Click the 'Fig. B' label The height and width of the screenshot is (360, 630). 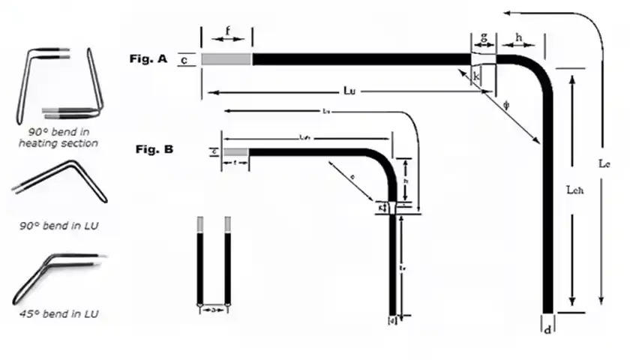point(154,149)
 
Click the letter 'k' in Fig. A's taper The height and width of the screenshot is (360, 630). point(477,75)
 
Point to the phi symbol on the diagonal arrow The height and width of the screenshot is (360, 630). point(506,105)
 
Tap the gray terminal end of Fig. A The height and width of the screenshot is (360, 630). point(226,59)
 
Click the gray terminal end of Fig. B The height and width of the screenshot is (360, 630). point(235,152)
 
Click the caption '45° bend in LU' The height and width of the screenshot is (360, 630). point(58,313)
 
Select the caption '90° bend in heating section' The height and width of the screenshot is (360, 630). point(58,136)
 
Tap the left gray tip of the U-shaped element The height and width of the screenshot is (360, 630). point(199,224)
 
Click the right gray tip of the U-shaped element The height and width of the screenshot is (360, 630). point(227,224)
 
